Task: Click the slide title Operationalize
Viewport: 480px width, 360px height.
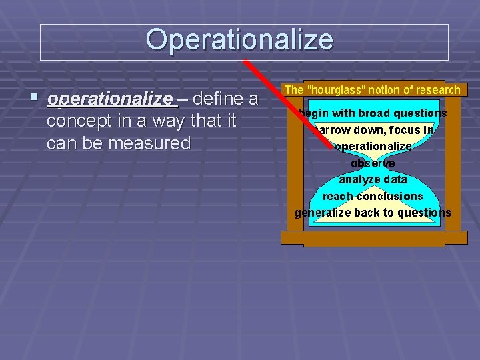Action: click(x=239, y=39)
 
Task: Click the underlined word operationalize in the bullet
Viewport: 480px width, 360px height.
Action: click(x=110, y=99)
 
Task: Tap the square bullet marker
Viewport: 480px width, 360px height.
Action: click(x=34, y=98)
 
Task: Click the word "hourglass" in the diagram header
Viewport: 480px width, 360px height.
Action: click(x=336, y=90)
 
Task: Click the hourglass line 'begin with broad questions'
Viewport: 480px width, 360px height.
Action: click(x=373, y=113)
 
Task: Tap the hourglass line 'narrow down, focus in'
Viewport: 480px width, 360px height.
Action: click(x=373, y=130)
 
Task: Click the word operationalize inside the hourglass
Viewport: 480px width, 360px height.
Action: click(x=373, y=147)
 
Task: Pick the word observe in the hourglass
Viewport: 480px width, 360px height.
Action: click(x=373, y=163)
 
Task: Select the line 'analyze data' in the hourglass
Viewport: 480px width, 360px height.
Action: click(x=373, y=179)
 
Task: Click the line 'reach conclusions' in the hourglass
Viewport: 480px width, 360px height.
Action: click(x=373, y=196)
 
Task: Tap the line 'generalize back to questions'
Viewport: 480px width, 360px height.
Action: click(x=373, y=213)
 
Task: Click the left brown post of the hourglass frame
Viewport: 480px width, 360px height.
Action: click(x=293, y=167)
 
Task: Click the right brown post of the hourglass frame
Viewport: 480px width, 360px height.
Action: click(x=453, y=167)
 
